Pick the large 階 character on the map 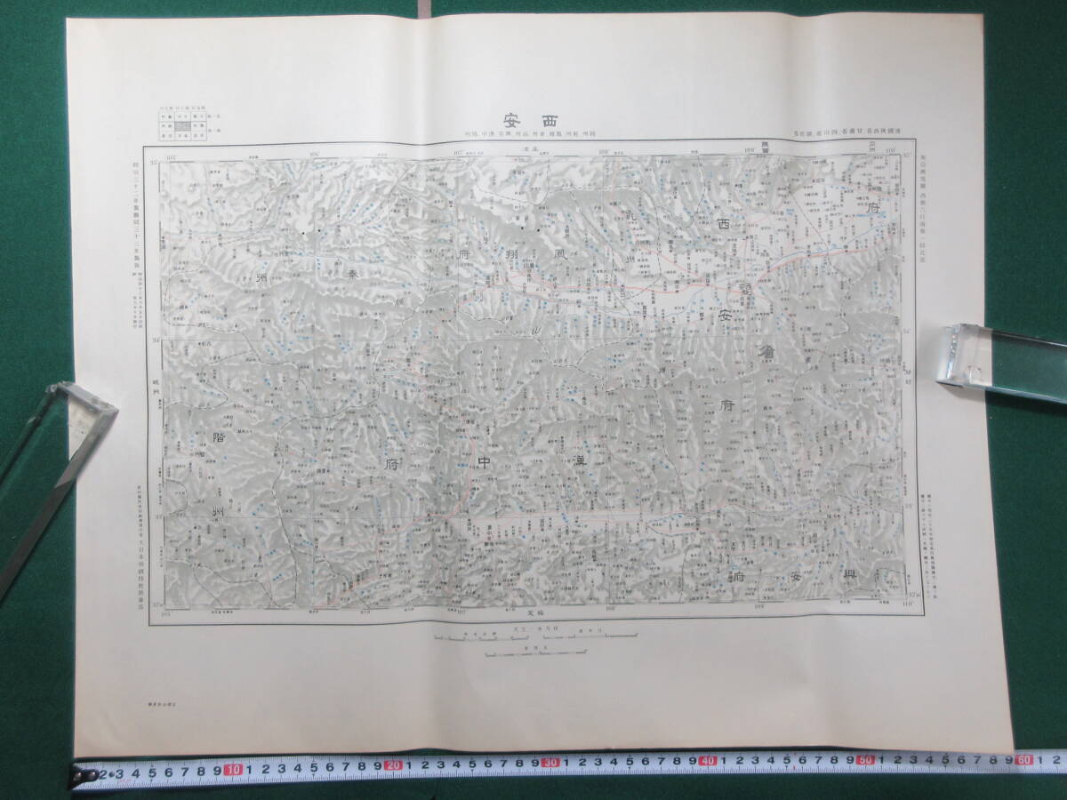pos(221,437)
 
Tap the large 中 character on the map pos(484,462)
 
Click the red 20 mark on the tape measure pos(394,766)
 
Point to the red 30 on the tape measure pos(551,764)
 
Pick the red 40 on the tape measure pos(709,763)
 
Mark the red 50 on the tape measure pos(865,762)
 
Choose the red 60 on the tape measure pos(1023,761)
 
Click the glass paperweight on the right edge pos(1000,356)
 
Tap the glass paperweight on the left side pos(53,471)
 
